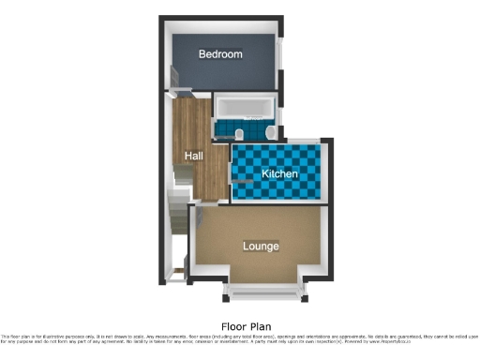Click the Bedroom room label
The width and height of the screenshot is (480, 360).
220,54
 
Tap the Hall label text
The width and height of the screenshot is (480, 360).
194,156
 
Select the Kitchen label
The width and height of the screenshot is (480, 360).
279,174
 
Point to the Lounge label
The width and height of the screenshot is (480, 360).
261,247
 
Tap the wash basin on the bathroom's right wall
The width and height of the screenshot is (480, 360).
269,134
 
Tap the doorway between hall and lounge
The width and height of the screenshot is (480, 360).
208,203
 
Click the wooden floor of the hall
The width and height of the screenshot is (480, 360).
195,131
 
